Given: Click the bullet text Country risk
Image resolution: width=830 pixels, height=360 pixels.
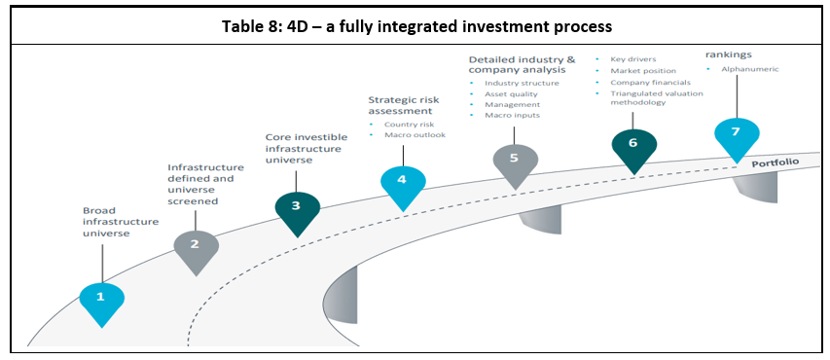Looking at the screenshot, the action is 410,125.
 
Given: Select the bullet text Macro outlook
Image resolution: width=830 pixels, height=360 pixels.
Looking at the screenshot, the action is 415,135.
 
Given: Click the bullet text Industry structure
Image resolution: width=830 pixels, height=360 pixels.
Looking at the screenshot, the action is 522,83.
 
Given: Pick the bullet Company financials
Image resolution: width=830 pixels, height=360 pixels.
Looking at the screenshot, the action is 651,82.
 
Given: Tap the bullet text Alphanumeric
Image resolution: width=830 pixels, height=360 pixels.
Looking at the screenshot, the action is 750,69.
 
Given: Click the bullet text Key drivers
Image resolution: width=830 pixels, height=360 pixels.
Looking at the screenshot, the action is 633,59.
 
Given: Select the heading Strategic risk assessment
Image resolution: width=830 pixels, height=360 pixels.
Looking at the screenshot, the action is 404,105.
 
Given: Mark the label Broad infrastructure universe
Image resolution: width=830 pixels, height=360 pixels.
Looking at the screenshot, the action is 121,221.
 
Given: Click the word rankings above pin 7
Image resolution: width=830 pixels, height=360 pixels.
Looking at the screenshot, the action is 729,54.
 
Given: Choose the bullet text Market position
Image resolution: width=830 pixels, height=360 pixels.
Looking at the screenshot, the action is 643,70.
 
